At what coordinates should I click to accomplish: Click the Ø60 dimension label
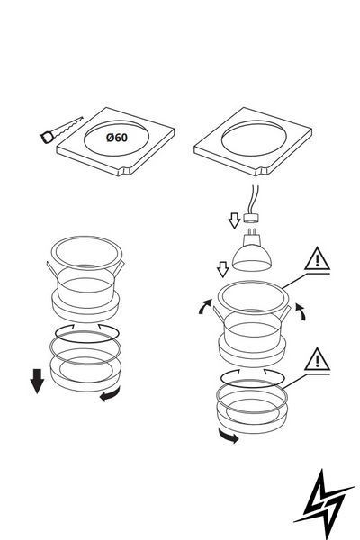pos(117,138)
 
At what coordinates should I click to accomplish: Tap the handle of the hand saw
pos(47,138)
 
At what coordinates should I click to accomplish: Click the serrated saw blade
pos(68,127)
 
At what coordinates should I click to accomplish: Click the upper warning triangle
pos(318,259)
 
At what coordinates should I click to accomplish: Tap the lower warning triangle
pos(318,359)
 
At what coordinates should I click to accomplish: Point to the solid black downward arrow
pos(37,381)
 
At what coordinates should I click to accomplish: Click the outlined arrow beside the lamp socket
pos(234,220)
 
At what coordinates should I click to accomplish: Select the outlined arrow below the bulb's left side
pos(223,269)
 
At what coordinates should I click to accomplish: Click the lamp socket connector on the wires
pos(251,218)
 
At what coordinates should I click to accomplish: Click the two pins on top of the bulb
pos(251,231)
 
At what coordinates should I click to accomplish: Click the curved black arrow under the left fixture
pos(110,394)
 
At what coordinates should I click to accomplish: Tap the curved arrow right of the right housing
pos(301,311)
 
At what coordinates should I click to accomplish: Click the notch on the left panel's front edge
pos(126,171)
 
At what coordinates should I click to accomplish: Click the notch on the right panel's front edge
pos(264,171)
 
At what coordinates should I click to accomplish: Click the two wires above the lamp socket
pos(255,199)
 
